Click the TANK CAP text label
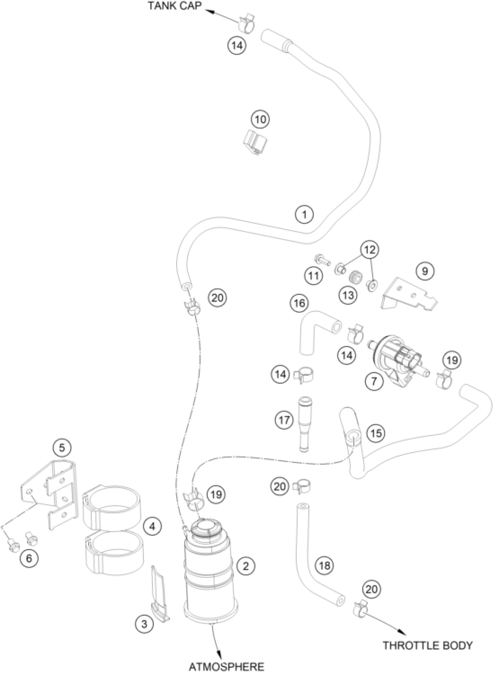click(x=175, y=7)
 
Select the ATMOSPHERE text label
click(x=227, y=666)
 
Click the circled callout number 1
click(x=304, y=214)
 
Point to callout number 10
click(x=260, y=119)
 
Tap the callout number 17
click(x=284, y=420)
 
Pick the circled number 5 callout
click(x=61, y=456)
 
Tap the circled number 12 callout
click(x=370, y=250)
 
